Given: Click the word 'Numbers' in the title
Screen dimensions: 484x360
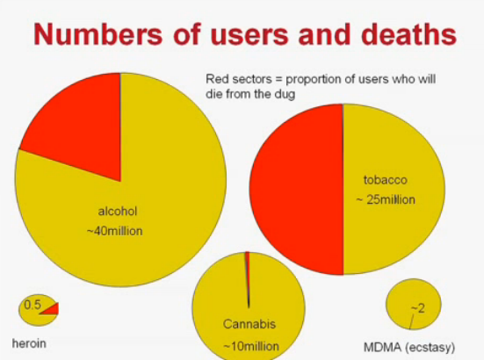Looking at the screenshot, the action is (98, 34).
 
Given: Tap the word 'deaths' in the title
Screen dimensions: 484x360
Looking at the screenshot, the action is (408, 34).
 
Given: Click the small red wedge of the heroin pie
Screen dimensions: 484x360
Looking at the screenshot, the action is (51, 309).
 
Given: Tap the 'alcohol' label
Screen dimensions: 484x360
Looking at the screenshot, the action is (118, 212).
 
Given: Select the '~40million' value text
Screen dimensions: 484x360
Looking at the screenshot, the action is (115, 231).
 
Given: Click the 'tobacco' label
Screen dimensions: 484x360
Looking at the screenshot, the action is (386, 180).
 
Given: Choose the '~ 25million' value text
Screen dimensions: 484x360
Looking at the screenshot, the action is (386, 200).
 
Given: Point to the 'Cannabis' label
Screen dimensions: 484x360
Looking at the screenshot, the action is (249, 324).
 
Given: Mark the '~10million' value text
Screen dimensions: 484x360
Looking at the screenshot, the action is (251, 347).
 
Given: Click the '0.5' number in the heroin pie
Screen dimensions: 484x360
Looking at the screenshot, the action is (33, 305).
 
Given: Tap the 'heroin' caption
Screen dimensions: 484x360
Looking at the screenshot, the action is (29, 343).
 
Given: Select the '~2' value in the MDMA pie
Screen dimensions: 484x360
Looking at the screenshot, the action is (418, 308).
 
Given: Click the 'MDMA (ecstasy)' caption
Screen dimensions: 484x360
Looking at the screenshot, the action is (409, 348).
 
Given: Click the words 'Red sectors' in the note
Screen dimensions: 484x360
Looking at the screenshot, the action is (239, 79).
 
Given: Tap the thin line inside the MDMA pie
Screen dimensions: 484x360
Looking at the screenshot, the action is (412, 321).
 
